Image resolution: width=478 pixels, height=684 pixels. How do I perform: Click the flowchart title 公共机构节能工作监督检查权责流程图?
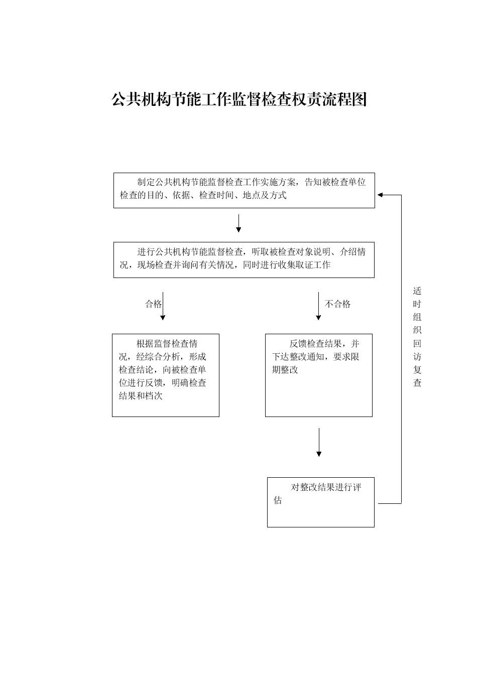click(x=239, y=99)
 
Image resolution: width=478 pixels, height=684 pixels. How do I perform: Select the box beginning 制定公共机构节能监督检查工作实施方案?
click(x=244, y=190)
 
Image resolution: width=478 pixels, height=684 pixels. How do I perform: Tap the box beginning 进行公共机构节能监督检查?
click(x=244, y=260)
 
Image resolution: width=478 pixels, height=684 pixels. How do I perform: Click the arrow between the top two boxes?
click(x=238, y=223)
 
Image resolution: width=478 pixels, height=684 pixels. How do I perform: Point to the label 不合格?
click(x=337, y=304)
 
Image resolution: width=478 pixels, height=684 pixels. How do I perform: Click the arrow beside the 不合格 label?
click(x=318, y=306)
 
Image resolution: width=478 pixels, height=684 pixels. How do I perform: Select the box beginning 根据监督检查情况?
click(x=166, y=375)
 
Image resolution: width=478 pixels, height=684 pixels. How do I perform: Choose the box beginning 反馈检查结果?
click(x=318, y=375)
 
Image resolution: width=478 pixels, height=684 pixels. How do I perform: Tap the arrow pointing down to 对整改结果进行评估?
click(x=319, y=442)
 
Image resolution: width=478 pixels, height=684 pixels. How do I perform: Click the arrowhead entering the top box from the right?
click(x=380, y=195)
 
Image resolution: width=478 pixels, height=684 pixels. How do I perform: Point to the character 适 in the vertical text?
click(x=417, y=291)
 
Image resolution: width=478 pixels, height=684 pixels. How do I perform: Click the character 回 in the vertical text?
click(x=417, y=344)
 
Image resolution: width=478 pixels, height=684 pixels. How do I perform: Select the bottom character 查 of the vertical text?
click(x=417, y=382)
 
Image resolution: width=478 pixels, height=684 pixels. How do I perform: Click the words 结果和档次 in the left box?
click(x=141, y=396)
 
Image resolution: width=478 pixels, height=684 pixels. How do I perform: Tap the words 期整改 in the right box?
click(x=285, y=370)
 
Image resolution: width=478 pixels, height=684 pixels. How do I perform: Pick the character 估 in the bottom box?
click(x=278, y=500)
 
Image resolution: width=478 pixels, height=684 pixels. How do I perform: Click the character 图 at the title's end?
click(x=359, y=99)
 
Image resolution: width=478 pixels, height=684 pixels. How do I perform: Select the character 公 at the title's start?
click(x=119, y=99)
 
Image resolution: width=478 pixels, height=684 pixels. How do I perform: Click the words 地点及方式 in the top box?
click(x=265, y=195)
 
